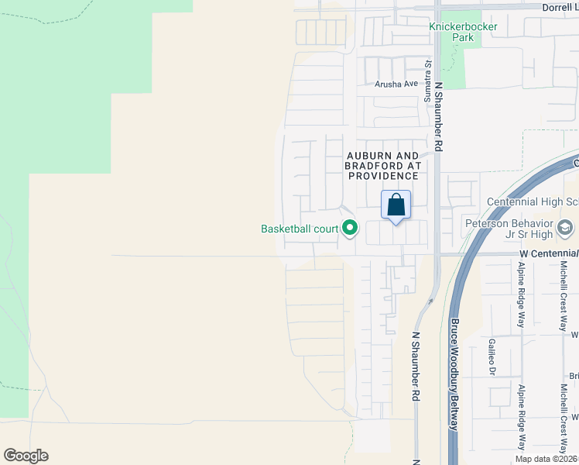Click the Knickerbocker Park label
click(463, 31)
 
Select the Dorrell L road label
click(557, 7)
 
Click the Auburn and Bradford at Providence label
click(382, 166)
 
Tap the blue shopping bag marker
click(396, 205)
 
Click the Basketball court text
click(300, 229)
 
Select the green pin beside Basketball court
click(350, 228)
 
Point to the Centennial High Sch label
click(532, 202)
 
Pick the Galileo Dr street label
click(492, 356)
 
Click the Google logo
click(26, 455)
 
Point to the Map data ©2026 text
click(546, 459)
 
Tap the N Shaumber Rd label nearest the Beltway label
click(416, 367)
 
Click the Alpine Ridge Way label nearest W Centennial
click(521, 295)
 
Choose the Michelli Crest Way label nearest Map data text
click(564, 418)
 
